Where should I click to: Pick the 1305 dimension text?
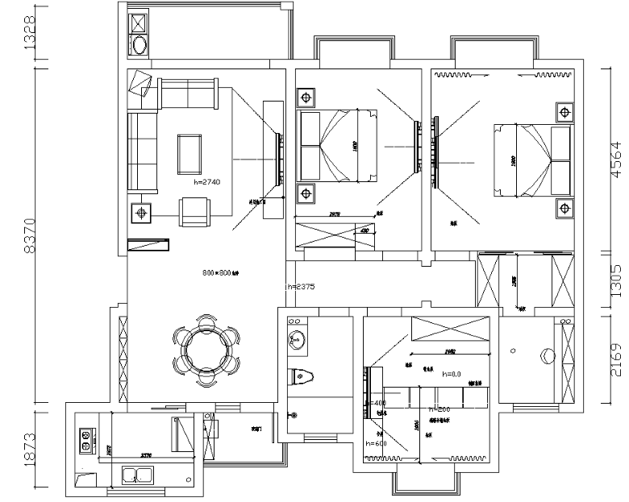point(614,282)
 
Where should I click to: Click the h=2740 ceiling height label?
point(207,183)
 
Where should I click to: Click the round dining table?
point(207,350)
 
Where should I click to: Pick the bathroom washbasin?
point(297,340)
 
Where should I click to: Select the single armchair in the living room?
point(194,211)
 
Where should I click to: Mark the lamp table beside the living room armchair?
point(142,213)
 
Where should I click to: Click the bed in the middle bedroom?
point(337,145)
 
